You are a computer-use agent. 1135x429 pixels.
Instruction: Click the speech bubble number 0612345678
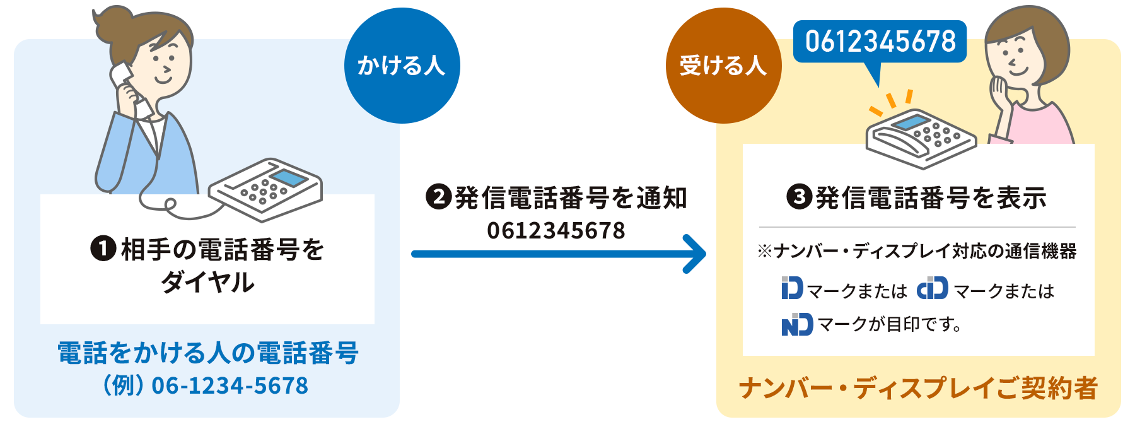(880, 42)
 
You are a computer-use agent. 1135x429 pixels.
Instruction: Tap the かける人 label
(401, 66)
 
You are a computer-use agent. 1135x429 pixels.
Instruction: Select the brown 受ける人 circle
(723, 66)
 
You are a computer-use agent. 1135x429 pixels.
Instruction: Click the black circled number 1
(103, 249)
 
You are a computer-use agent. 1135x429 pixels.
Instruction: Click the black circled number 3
(799, 197)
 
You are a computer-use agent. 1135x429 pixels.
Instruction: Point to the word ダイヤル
(207, 282)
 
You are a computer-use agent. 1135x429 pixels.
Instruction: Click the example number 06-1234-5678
(230, 385)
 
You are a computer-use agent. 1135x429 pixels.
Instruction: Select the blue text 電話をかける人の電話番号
(207, 353)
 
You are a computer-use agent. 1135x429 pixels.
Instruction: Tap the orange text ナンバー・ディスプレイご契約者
(918, 388)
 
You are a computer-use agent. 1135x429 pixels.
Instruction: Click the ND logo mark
(797, 324)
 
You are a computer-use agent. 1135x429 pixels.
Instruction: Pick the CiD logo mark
(933, 288)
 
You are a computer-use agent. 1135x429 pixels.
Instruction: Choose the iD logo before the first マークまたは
(792, 288)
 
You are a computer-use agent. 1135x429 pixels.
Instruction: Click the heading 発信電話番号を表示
(931, 198)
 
